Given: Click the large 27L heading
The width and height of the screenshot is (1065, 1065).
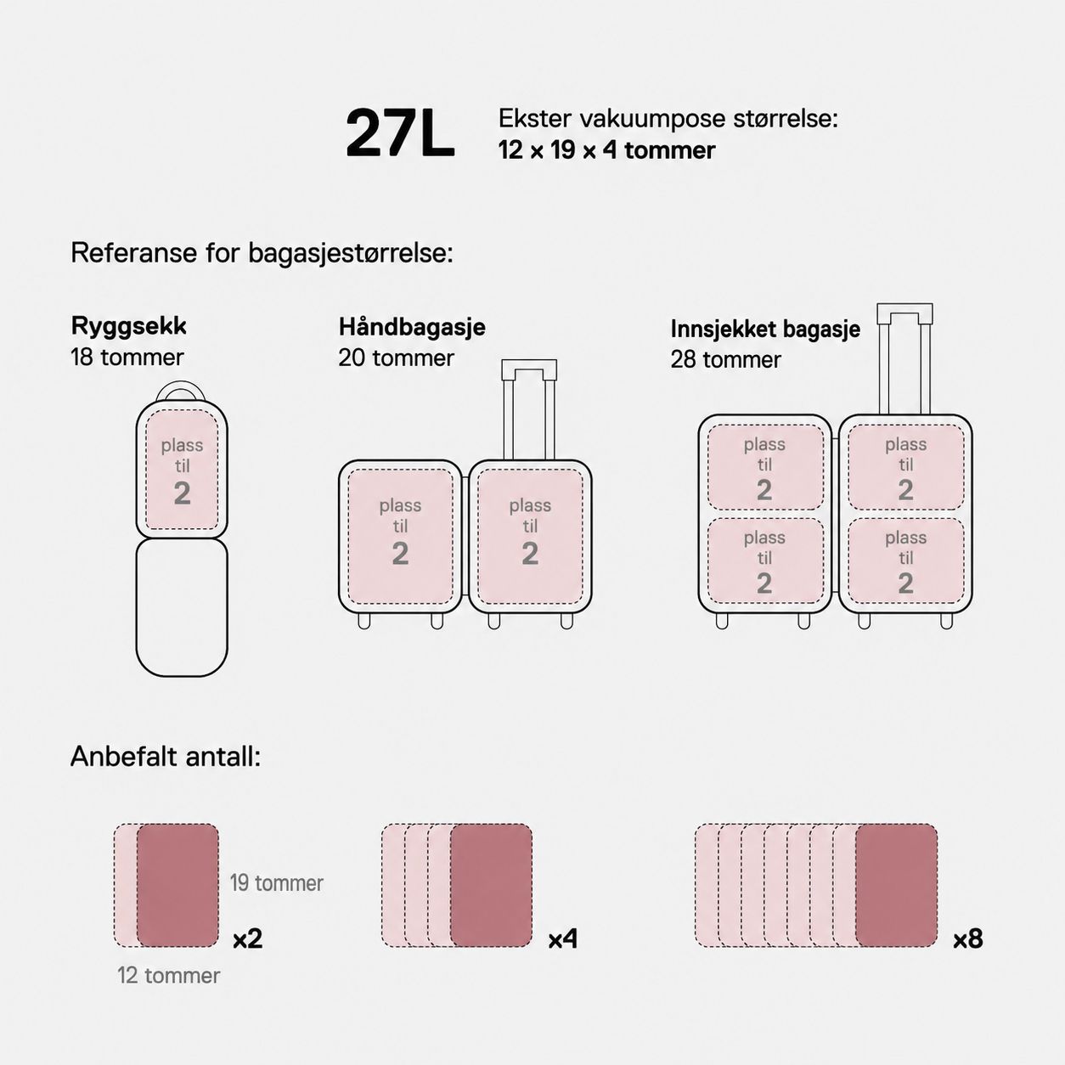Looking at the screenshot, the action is [x=400, y=133].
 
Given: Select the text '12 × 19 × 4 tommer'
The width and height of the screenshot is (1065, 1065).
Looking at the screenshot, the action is [x=607, y=150].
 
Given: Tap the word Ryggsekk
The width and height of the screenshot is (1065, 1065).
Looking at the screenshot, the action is [x=129, y=327].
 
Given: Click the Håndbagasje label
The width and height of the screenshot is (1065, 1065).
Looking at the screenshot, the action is [x=412, y=327].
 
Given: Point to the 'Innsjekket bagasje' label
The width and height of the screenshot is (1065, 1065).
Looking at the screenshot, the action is [x=765, y=330].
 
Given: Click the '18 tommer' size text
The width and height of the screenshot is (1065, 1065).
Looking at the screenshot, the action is [x=127, y=358].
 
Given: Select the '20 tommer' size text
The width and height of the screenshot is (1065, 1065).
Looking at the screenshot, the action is [x=397, y=358].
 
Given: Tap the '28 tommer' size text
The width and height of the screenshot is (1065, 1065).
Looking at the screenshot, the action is [x=725, y=360].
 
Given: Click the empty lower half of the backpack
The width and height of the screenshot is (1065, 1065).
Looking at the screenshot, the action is [x=182, y=607].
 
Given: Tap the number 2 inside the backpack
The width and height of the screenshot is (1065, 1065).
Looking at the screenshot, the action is [x=183, y=493].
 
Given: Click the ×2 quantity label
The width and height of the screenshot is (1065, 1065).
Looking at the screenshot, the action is [x=248, y=939].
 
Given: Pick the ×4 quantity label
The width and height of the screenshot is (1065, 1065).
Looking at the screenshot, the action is [x=562, y=939].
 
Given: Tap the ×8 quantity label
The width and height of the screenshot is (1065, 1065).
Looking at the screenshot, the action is [x=968, y=939].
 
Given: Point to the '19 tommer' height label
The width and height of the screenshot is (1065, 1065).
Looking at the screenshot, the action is [x=276, y=883].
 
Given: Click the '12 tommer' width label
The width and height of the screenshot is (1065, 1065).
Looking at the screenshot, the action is [x=168, y=976].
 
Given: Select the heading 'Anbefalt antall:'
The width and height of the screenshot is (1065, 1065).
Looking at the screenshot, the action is [x=166, y=757].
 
